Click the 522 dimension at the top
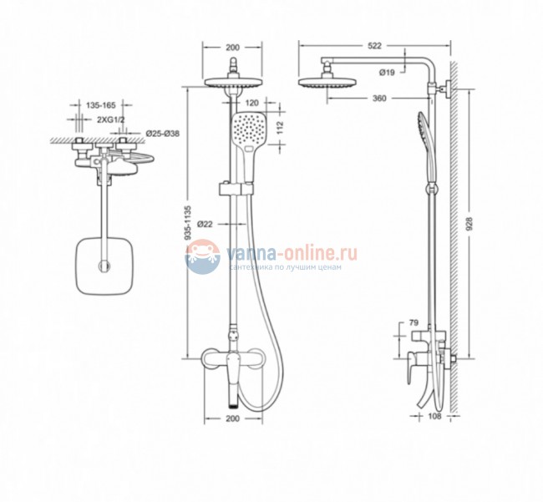click(x=374, y=46)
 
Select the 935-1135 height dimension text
click(x=188, y=223)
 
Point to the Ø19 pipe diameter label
click(x=387, y=73)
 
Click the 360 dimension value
click(x=379, y=99)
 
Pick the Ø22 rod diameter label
click(x=205, y=225)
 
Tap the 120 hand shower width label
click(x=252, y=103)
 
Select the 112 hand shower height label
click(x=280, y=128)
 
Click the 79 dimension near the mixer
click(x=414, y=322)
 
